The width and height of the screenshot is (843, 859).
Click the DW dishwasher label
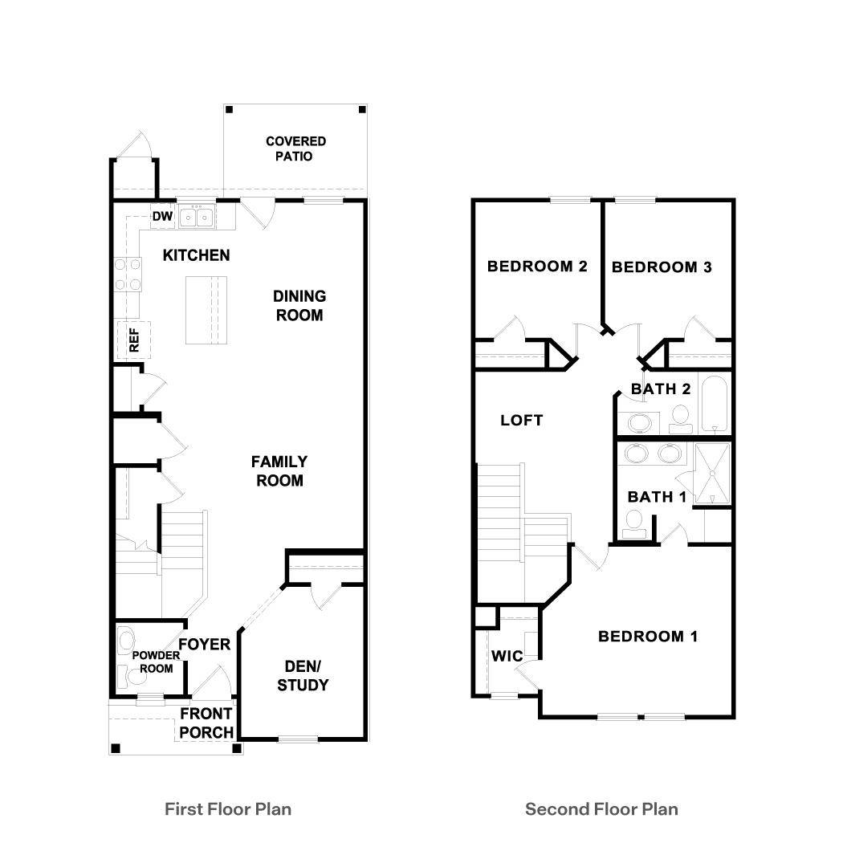[x=162, y=216]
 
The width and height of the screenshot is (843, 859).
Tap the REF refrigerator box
[x=133, y=340]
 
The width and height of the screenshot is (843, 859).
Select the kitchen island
[x=207, y=310]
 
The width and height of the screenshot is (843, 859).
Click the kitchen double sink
[x=196, y=216]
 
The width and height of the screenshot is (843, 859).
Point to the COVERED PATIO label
[x=295, y=149]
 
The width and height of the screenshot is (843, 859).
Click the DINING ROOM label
[x=299, y=306]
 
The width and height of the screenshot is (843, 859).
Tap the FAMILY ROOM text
[x=279, y=471]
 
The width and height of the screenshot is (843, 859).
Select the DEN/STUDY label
[x=303, y=675]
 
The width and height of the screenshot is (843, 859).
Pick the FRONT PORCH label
[x=206, y=723]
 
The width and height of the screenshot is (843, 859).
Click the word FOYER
[x=204, y=645]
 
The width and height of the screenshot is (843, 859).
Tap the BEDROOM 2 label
[x=537, y=267]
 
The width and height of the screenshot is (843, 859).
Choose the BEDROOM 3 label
[x=662, y=267]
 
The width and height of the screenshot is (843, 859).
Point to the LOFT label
[x=522, y=420]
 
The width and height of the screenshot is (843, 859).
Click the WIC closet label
[x=507, y=656]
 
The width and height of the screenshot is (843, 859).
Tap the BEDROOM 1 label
[x=648, y=637]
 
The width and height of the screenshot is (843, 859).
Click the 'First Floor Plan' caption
[x=228, y=808]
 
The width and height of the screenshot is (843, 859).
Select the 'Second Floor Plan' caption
[x=601, y=808]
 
